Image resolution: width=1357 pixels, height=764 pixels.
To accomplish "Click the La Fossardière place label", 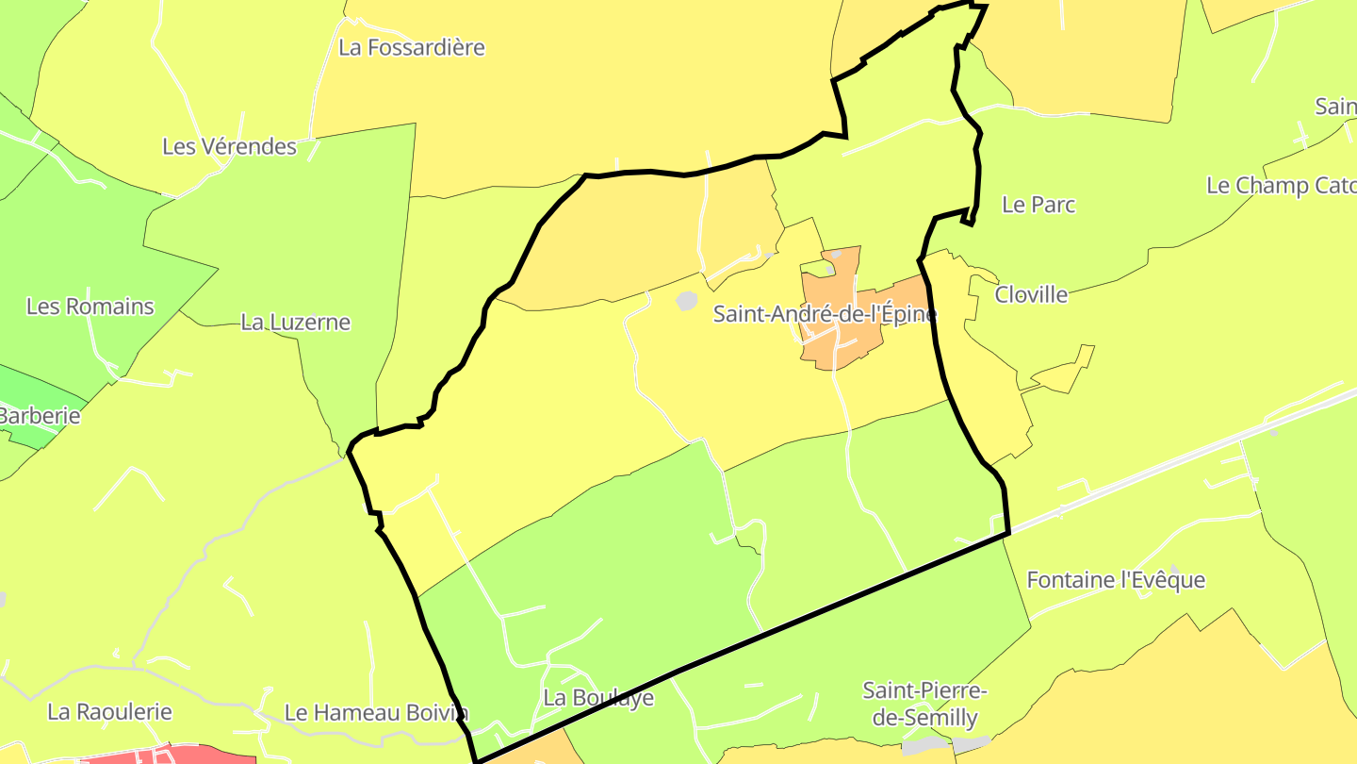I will pyautogui.click(x=412, y=47).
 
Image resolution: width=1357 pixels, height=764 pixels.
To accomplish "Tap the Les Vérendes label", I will pyautogui.click(x=229, y=146).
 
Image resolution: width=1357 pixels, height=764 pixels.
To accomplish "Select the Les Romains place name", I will pyautogui.click(x=90, y=307).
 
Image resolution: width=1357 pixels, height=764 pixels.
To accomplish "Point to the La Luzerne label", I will pyautogui.click(x=295, y=322).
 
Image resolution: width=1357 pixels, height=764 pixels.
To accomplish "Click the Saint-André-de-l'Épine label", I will pyautogui.click(x=824, y=314).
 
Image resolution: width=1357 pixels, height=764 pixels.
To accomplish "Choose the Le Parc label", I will pyautogui.click(x=1038, y=205).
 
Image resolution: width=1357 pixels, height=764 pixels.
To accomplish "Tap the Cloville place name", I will pyautogui.click(x=1031, y=294).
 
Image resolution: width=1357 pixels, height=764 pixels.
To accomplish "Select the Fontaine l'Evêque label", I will pyautogui.click(x=1116, y=579).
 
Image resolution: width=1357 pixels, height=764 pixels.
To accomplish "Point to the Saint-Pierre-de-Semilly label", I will pyautogui.click(x=924, y=704).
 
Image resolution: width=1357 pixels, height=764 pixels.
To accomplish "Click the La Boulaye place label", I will pyautogui.click(x=598, y=698).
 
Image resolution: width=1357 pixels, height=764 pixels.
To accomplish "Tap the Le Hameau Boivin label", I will pyautogui.click(x=376, y=712).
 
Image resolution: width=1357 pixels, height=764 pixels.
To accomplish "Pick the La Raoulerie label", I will pyautogui.click(x=110, y=711).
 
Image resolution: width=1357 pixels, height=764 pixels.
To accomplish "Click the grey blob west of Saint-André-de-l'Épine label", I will pyautogui.click(x=687, y=300).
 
